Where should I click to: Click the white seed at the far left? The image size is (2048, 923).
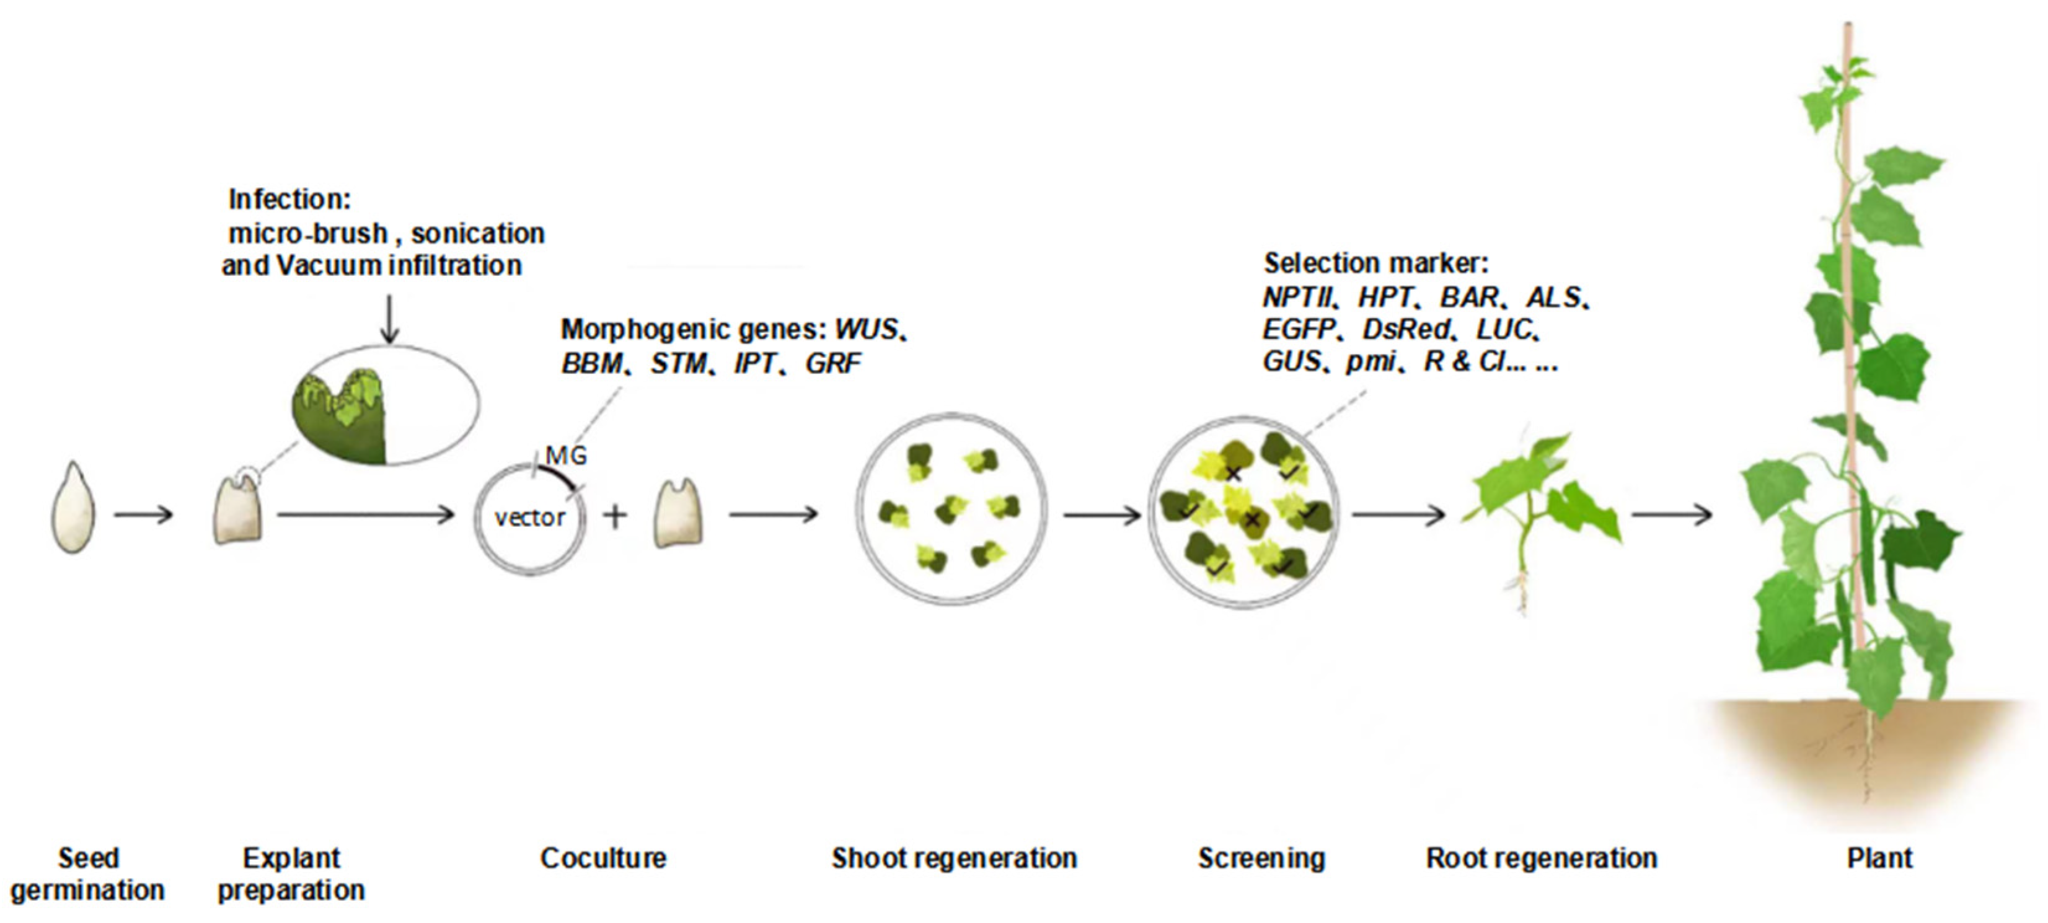coord(73,509)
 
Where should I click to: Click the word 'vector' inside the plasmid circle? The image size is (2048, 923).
coord(529,518)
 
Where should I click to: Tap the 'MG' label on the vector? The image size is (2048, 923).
coord(566,456)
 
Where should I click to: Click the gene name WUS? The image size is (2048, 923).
coord(865,329)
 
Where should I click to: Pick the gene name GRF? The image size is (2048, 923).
coord(832,363)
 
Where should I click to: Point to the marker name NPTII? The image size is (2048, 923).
coord(1297,298)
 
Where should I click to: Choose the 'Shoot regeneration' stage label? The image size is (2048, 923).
coord(953,858)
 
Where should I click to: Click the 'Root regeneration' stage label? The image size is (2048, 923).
coord(1541,858)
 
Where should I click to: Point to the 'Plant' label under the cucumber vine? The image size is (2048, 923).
coord(1879,858)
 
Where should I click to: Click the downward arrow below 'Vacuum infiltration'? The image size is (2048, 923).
coord(389,319)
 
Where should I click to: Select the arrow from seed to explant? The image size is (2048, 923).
coord(143,515)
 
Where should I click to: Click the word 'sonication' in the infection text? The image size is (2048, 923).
coord(477,233)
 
